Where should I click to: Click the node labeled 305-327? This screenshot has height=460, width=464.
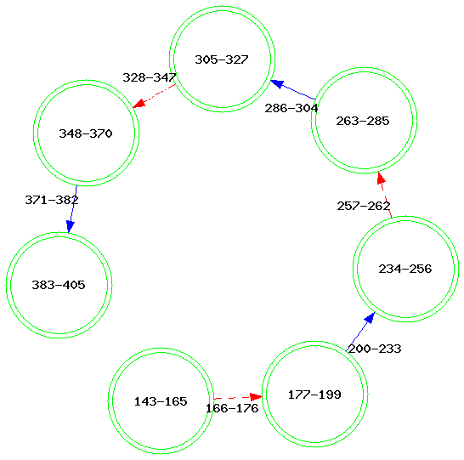[x=223, y=59]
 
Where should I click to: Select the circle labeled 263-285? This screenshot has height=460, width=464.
[x=365, y=120]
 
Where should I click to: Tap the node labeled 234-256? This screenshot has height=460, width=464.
[x=406, y=269]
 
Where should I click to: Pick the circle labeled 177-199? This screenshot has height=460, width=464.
[x=314, y=394]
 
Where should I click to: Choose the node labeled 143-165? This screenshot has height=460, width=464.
[x=161, y=400]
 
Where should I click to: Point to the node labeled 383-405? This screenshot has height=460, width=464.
[x=59, y=285]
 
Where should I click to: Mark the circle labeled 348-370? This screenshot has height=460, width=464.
[x=86, y=133]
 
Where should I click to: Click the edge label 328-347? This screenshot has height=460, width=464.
[x=150, y=77]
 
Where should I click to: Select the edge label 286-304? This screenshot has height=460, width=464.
[x=291, y=108]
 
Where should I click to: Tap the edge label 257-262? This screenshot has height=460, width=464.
[x=364, y=206]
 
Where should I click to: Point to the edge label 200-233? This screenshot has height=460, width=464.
[x=375, y=349]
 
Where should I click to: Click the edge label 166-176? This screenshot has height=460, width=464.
[x=232, y=408]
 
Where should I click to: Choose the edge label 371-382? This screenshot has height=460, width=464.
[x=52, y=200]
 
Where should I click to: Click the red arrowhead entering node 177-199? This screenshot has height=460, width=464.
[x=256, y=396]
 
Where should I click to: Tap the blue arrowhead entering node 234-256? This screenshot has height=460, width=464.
[x=370, y=318]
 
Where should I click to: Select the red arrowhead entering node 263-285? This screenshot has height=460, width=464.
[x=381, y=178]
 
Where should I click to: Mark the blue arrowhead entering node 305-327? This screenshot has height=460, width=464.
[x=277, y=84]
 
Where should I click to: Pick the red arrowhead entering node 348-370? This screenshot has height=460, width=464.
[x=139, y=104]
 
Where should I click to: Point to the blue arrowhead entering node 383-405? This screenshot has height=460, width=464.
[x=71, y=227]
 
